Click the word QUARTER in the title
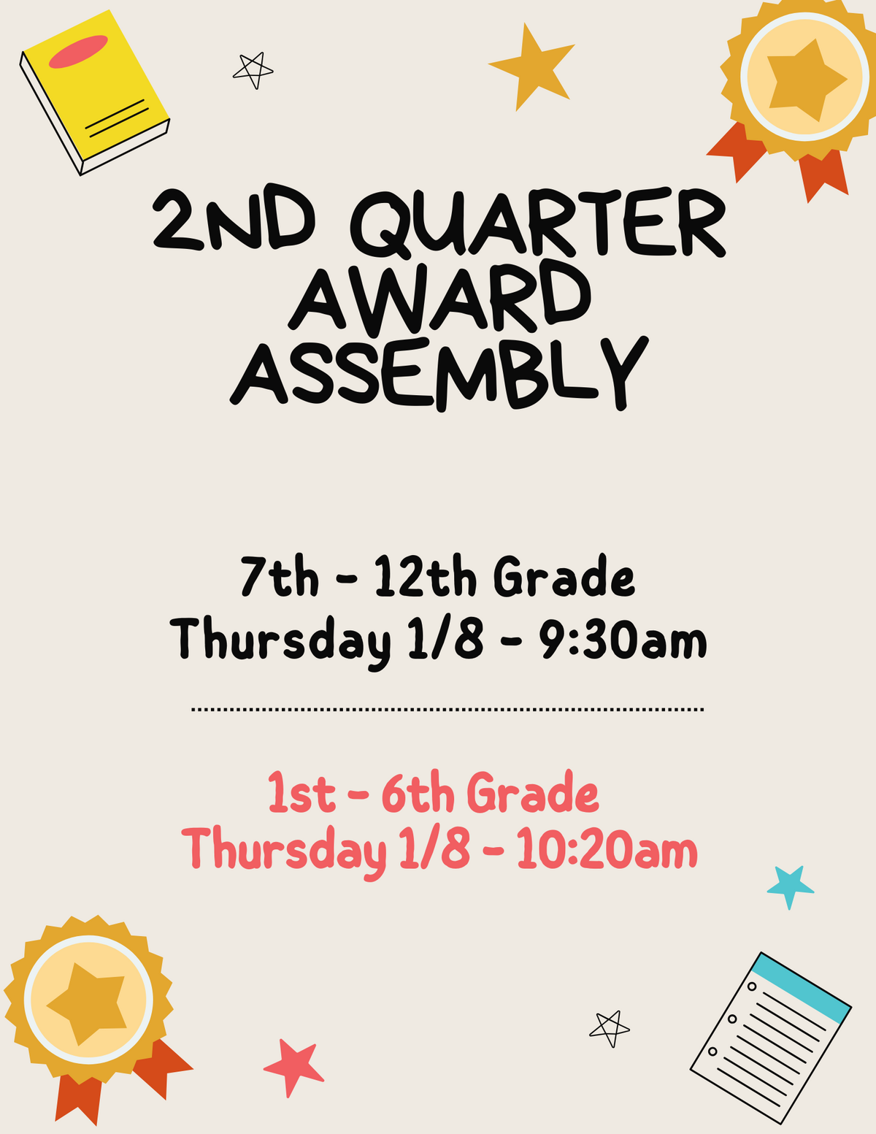(542, 221)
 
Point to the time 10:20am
(607, 850)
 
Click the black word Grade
(564, 577)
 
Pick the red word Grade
(532, 793)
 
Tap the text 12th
(426, 577)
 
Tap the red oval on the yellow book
(78, 52)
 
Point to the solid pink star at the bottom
(293, 1067)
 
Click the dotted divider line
(447, 709)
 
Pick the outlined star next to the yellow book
(253, 69)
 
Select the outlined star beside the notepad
(610, 1027)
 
